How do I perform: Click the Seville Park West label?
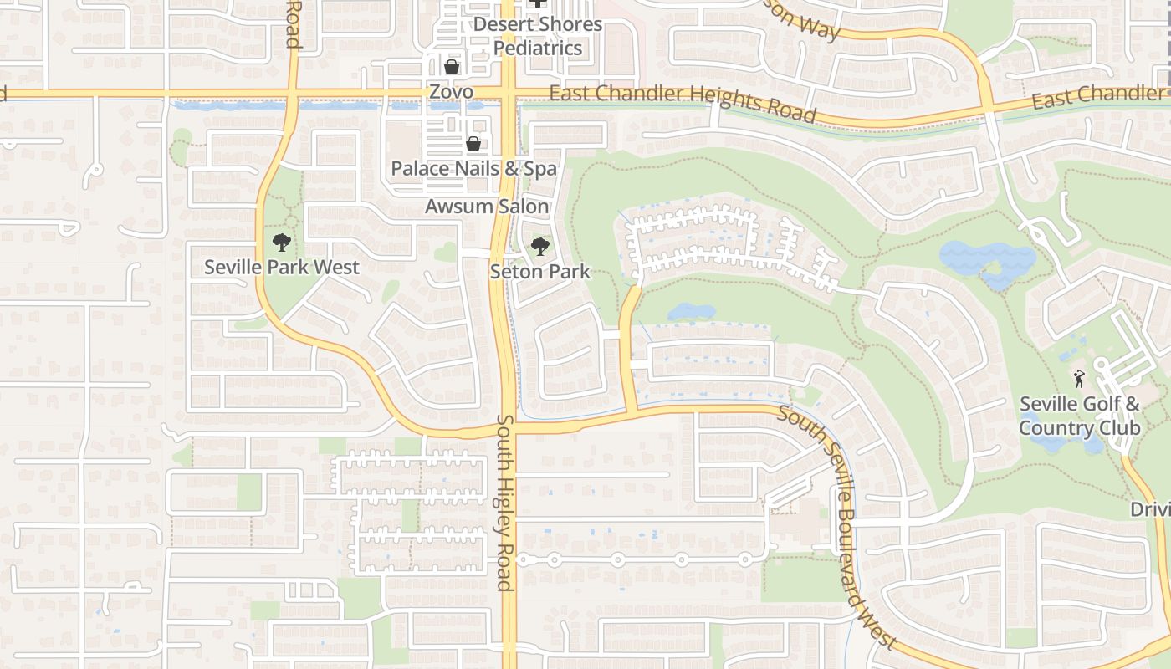(282, 268)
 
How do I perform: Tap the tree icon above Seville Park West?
(282, 243)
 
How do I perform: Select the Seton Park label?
(539, 272)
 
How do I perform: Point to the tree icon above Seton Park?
(540, 246)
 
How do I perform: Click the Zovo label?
(451, 92)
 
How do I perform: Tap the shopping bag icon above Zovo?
(452, 66)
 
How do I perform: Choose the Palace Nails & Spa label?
(473, 169)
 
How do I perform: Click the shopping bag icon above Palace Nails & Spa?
(473, 144)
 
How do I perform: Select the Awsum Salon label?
(487, 207)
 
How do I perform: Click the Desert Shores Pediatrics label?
(538, 36)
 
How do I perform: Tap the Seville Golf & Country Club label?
(1079, 416)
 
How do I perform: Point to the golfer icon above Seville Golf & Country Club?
(1079, 378)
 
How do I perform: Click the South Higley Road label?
(504, 502)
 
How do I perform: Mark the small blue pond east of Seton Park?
(692, 312)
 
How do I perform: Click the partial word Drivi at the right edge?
(1150, 509)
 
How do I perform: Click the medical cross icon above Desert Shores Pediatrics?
(538, 3)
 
